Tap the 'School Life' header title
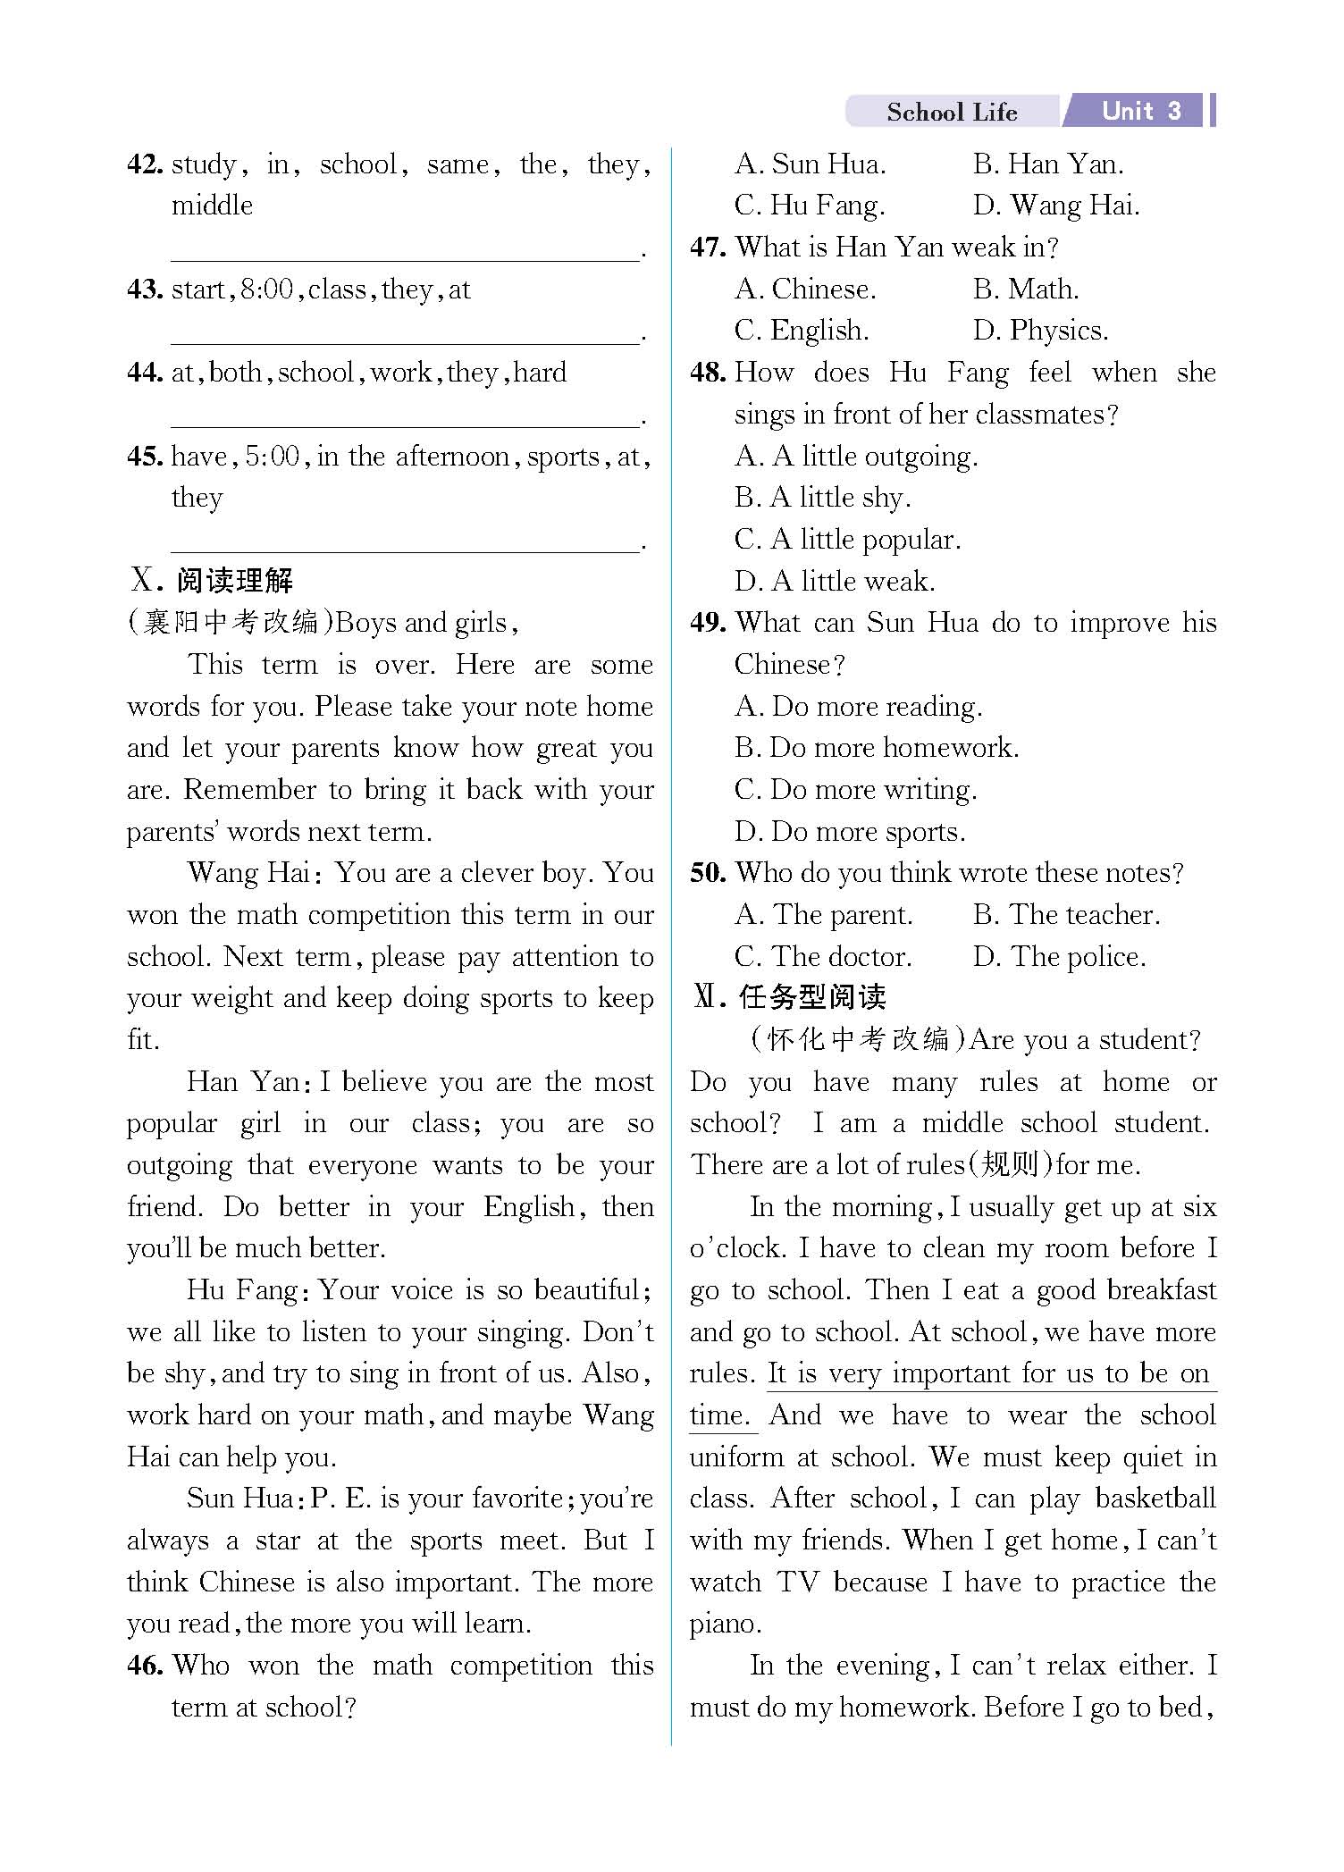[952, 113]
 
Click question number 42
[145, 164]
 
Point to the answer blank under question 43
[405, 335]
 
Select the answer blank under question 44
[405, 419]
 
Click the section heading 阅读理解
[234, 581]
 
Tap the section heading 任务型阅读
[811, 997]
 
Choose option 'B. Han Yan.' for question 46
[1047, 164]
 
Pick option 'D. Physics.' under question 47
[1040, 331]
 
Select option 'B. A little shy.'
[822, 498]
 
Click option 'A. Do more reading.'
[858, 707]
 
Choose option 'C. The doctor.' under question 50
[823, 957]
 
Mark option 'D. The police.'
[1059, 957]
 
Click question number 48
[708, 373]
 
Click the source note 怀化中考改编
[858, 1039]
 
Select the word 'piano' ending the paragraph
[725, 1624]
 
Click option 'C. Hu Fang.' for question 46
[810, 206]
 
